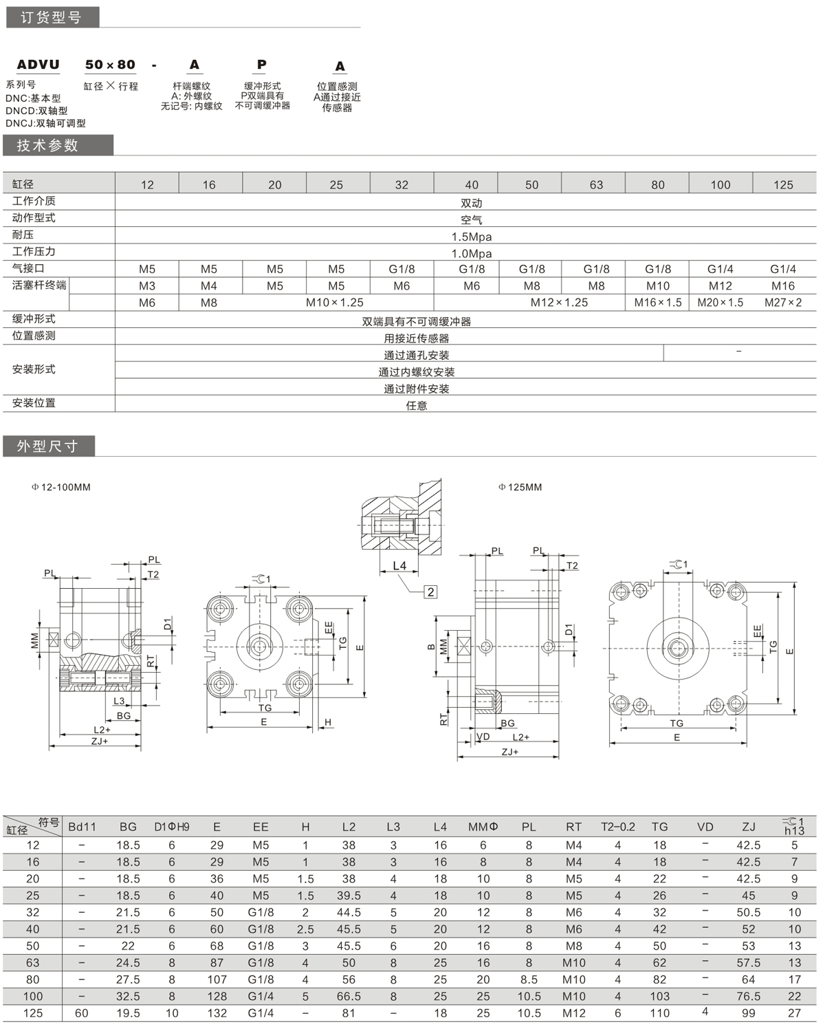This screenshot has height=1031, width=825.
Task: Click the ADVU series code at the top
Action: click(x=38, y=65)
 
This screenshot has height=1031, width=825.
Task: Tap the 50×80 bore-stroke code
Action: click(x=110, y=65)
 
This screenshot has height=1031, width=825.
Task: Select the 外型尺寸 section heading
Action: click(x=47, y=446)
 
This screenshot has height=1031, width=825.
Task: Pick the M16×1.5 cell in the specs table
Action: click(x=658, y=303)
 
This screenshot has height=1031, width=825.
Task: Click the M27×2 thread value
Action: click(x=783, y=303)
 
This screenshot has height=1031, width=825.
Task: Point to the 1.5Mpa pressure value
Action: click(x=472, y=237)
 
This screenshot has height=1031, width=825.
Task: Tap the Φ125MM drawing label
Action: click(x=520, y=487)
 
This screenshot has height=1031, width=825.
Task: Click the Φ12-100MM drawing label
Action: click(x=61, y=487)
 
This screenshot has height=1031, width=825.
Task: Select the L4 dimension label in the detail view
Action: click(x=399, y=566)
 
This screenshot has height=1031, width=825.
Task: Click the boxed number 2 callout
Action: click(x=430, y=592)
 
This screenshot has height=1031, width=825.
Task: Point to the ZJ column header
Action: click(x=749, y=827)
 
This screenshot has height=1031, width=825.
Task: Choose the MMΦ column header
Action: click(x=483, y=827)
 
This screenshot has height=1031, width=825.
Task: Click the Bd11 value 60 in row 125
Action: click(x=82, y=1013)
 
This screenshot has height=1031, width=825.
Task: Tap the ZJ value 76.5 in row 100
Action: click(x=749, y=996)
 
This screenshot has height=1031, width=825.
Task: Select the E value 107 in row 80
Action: click(x=217, y=979)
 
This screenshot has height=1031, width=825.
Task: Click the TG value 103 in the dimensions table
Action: click(x=660, y=996)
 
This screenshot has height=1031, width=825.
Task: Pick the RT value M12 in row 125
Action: click(x=573, y=1013)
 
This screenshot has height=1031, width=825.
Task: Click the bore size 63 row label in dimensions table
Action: click(x=33, y=963)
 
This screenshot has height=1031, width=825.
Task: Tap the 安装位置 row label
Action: click(x=34, y=403)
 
